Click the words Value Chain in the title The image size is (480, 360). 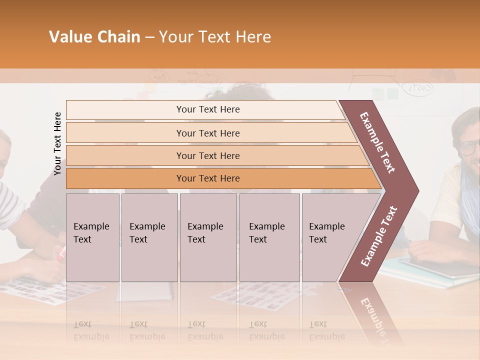tap(94, 37)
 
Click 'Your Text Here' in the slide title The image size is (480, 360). tap(215, 37)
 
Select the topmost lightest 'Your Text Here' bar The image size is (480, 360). tap(207, 109)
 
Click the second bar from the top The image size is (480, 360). tap(207, 133)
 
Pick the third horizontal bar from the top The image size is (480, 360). tap(207, 155)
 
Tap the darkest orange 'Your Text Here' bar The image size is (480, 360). tap(207, 178)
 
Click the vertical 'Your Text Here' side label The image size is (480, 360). tap(58, 144)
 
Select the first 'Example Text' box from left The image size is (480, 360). tap(92, 237)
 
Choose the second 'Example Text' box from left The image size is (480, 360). tap(149, 237)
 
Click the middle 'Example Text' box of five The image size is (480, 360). tap(208, 237)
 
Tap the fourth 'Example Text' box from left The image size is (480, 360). tap(269, 237)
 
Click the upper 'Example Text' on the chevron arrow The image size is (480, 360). tap(377, 142)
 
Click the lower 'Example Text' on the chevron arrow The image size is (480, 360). tap(378, 236)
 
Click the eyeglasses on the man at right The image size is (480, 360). tap(469, 147)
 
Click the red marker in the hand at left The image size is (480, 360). tap(61, 254)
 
